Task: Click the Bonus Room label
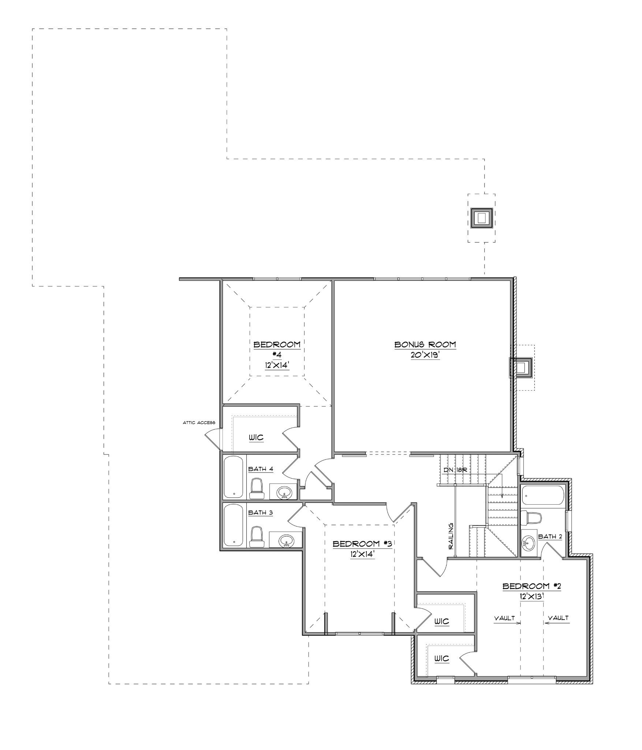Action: [x=425, y=344]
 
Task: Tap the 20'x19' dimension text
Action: [x=425, y=356]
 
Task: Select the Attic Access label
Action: [x=199, y=423]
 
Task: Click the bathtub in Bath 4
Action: [x=234, y=477]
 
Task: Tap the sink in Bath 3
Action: [x=286, y=541]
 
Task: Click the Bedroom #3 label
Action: [x=362, y=544]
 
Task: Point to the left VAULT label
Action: [x=504, y=618]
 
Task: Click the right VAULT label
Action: [x=559, y=618]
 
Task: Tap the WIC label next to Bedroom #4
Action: [x=256, y=438]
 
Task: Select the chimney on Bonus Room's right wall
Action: [x=522, y=367]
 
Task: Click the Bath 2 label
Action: [x=550, y=536]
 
